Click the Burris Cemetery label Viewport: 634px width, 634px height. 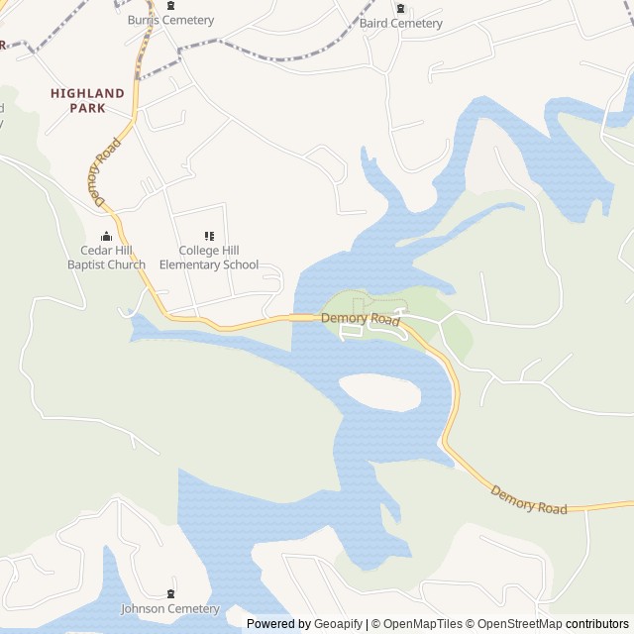(x=170, y=20)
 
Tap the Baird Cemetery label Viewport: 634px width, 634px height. (x=400, y=23)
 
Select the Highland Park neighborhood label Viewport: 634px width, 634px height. (x=87, y=100)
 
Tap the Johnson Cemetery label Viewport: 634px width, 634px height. (x=170, y=608)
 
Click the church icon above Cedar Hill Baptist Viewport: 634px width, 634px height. (x=106, y=236)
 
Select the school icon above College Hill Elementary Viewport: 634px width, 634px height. (x=209, y=236)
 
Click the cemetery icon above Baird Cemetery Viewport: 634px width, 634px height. (x=400, y=8)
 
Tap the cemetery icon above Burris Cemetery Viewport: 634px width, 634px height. (x=170, y=5)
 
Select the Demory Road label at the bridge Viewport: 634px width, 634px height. (x=360, y=318)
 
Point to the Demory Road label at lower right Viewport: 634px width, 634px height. (x=529, y=500)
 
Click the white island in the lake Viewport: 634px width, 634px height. (x=380, y=392)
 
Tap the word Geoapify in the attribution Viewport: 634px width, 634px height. (x=338, y=624)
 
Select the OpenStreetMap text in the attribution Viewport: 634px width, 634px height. (x=517, y=624)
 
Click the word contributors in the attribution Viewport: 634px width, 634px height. (x=597, y=624)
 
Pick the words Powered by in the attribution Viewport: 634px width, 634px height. (x=278, y=624)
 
